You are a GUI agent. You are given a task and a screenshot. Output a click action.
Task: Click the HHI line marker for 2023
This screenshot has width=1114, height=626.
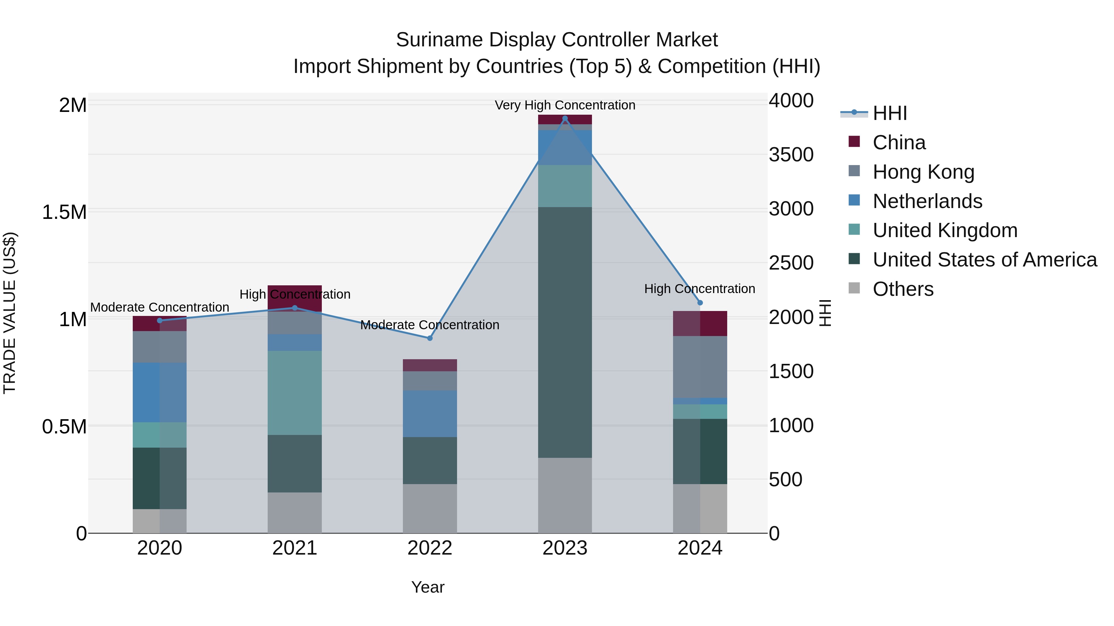(x=565, y=118)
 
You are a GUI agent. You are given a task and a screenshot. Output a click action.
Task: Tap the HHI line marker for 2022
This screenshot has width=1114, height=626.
(x=430, y=338)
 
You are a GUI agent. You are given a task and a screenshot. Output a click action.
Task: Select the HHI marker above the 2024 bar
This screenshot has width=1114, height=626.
(x=700, y=303)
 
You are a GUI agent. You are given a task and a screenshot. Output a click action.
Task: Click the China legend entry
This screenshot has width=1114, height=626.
(x=899, y=143)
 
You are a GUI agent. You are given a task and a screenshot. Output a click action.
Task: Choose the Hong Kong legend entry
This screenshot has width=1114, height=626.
(x=923, y=172)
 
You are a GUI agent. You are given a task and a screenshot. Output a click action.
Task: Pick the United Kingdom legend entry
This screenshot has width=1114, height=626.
(x=945, y=230)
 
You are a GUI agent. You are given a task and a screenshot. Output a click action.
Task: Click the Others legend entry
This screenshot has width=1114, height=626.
(x=903, y=289)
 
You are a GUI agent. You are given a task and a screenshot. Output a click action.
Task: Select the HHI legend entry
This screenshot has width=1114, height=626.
(x=890, y=113)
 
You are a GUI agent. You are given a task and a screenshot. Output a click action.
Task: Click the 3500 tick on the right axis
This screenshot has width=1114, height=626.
(x=791, y=155)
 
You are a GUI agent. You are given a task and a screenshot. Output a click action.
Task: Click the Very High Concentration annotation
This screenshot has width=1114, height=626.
(x=565, y=105)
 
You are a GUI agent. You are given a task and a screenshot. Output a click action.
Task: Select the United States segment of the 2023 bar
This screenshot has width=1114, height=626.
(x=565, y=333)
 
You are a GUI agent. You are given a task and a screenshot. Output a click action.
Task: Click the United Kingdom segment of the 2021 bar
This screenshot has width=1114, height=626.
(x=295, y=393)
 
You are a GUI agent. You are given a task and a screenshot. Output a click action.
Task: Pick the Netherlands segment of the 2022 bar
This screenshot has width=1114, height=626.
(x=430, y=414)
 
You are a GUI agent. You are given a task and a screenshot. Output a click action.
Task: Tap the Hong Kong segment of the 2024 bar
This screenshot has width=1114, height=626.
(x=700, y=367)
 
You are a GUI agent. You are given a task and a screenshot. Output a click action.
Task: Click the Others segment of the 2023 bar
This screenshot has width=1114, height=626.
(x=565, y=496)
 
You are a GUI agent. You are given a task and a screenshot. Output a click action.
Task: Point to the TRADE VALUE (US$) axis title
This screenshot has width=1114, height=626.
(x=10, y=313)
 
